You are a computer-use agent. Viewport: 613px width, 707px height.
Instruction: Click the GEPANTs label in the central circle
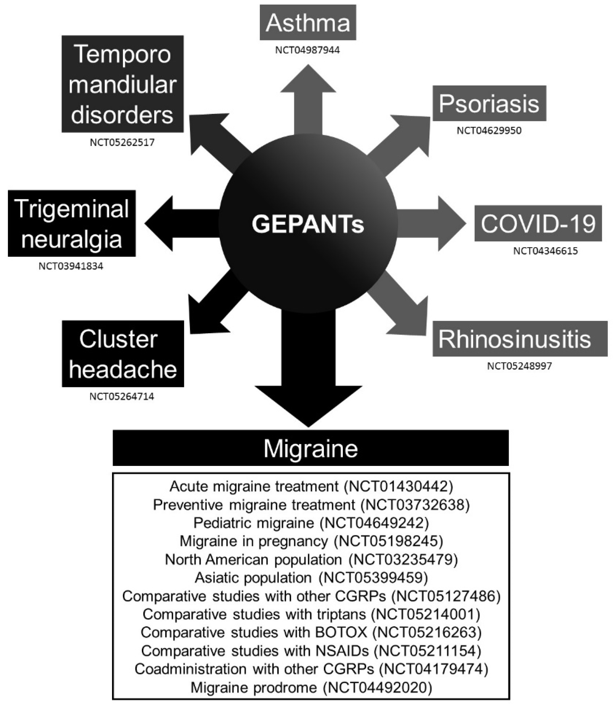coord(308,224)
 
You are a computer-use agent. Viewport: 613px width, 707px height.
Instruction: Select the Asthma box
coord(308,22)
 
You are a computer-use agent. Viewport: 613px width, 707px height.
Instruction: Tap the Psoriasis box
coord(489,103)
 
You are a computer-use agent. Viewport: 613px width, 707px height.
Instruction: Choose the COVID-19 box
coord(538,223)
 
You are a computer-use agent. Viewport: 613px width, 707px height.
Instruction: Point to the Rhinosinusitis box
coord(520,339)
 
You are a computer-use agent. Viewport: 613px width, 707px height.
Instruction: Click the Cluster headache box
coord(123,354)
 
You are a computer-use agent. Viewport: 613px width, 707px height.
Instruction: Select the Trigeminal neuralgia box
coord(72,223)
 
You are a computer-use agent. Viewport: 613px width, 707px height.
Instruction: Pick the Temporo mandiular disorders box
coord(123,84)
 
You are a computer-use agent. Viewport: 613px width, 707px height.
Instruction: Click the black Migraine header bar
coord(310,448)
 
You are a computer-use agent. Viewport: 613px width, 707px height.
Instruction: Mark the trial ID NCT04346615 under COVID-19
coord(545,251)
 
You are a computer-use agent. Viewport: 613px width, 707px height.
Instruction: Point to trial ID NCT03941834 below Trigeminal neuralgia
coord(71,266)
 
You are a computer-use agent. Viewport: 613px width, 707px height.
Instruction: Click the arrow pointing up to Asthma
coord(308,99)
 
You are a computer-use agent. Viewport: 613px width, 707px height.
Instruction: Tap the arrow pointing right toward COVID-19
coord(434,223)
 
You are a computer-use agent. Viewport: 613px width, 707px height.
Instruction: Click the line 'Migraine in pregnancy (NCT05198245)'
coord(311,541)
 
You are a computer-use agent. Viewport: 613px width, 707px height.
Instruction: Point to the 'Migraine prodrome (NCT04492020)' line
coord(311,687)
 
